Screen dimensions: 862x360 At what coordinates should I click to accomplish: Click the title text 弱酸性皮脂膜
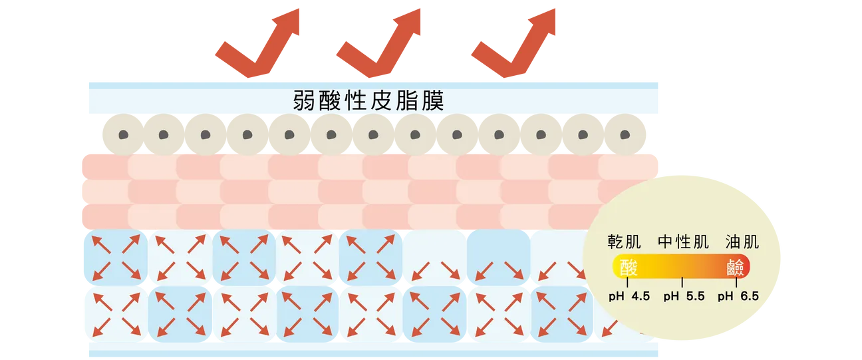tap(368, 101)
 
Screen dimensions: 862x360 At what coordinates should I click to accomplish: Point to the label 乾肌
tap(624, 242)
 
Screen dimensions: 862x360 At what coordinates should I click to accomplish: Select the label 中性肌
tap(683, 242)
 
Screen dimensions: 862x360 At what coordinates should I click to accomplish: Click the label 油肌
tap(742, 242)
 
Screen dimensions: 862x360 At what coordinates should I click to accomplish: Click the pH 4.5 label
tap(629, 296)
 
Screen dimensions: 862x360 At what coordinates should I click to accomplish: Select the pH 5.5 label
tap(684, 296)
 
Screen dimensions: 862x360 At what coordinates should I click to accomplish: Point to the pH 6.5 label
tap(738, 296)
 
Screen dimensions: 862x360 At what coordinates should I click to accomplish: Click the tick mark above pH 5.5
tap(682, 282)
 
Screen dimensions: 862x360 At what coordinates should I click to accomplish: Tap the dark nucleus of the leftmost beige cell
tap(124, 135)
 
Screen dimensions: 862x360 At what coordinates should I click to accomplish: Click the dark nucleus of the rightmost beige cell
tap(625, 135)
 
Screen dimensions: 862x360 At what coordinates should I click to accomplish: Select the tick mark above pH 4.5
tap(627, 282)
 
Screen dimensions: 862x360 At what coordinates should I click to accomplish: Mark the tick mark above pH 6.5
tap(736, 282)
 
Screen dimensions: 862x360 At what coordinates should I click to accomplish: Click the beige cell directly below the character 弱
tap(289, 135)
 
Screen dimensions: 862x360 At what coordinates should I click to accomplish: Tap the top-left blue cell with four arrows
tap(116, 258)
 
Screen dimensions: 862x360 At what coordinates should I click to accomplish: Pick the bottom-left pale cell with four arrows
tap(116, 314)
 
